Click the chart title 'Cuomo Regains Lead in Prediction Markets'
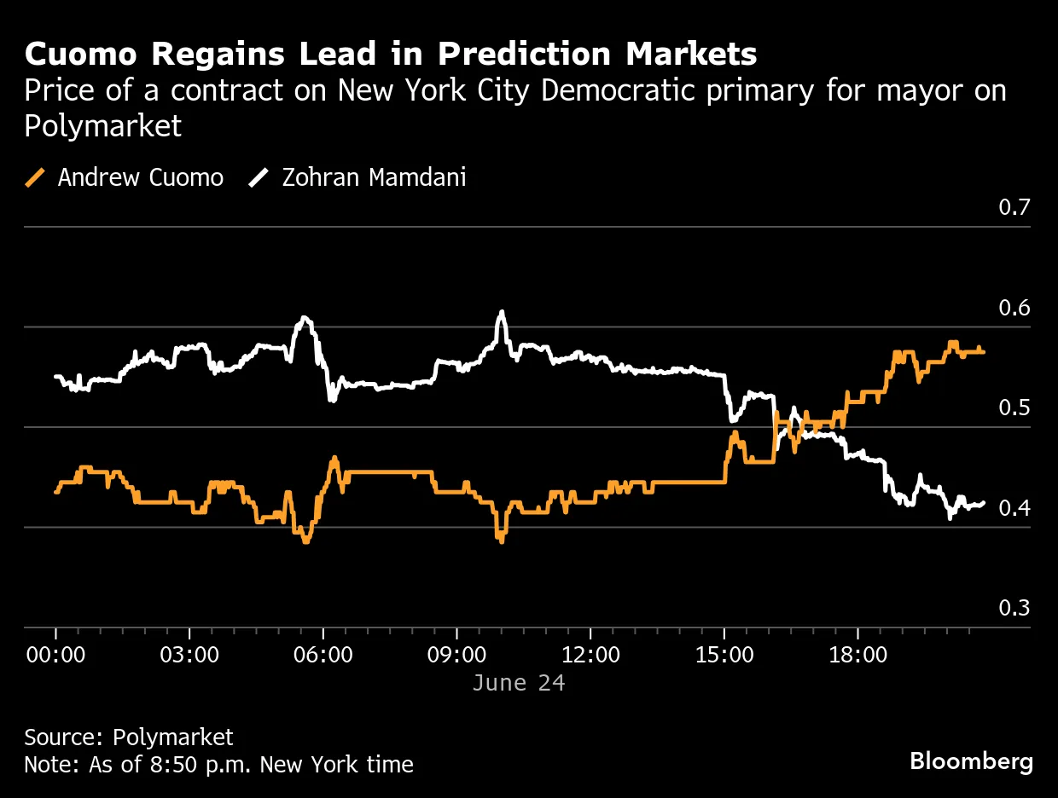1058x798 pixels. pos(390,55)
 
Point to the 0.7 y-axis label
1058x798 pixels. pos(1014,207)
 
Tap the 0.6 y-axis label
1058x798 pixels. pos(1014,308)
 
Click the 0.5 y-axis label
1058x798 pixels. pos(1014,408)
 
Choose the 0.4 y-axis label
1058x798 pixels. pos(1014,508)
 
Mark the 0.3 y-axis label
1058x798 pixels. pos(1014,608)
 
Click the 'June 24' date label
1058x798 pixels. pos(519,683)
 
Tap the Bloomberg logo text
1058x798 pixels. pos(971,761)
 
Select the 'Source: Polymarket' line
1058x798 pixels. pos(129,737)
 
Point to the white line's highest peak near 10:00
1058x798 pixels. pos(502,312)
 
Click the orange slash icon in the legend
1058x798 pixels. pos(35,177)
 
